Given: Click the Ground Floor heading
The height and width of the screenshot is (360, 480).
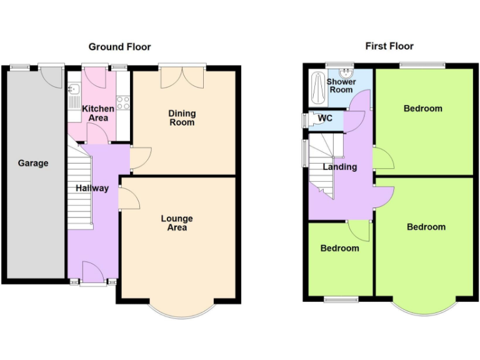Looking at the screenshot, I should click(119, 47).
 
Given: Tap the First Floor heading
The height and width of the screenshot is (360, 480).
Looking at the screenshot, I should click(389, 46).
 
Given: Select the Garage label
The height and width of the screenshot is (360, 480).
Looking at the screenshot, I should click(32, 163).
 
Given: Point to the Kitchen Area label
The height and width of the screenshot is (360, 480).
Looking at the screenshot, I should click(99, 113).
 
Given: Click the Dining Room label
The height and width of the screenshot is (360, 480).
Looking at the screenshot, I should click(182, 117).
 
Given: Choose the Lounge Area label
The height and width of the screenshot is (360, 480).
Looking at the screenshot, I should click(177, 223).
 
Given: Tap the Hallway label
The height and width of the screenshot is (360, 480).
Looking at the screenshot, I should click(92, 188).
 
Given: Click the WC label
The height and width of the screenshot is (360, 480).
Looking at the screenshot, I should click(325, 119).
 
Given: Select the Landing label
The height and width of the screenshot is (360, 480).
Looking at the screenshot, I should click(340, 167).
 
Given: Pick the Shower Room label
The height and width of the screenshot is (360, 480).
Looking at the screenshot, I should click(342, 86).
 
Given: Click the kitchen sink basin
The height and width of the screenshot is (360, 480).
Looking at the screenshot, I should click(72, 89).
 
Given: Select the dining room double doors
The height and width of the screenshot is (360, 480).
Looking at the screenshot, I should click(182, 78).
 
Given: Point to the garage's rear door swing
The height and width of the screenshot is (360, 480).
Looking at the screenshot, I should click(53, 76).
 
